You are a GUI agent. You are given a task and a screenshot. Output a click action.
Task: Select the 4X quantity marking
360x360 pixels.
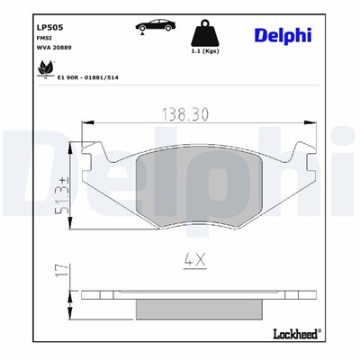(194, 260)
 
